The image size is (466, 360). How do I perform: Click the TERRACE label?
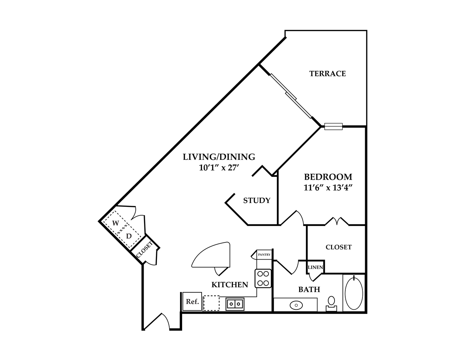click(327, 74)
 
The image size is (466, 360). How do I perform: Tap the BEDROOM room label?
click(328, 177)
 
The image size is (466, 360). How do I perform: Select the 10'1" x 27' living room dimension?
click(219, 168)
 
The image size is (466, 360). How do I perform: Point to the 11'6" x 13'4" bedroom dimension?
click(328, 188)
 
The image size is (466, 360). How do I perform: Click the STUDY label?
click(257, 201)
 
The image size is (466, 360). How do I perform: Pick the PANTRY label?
click(264, 255)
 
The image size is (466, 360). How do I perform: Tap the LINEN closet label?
click(315, 267)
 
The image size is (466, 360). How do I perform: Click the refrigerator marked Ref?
click(192, 301)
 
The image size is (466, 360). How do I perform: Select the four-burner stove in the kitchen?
click(263, 278)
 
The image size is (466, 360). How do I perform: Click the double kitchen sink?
click(235, 304)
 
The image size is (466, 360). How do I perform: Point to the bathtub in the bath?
click(354, 293)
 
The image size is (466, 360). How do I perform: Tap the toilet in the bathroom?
click(331, 303)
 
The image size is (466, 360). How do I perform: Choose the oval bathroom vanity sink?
click(296, 305)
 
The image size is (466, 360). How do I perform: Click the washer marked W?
click(115, 223)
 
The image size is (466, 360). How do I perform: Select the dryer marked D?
click(129, 236)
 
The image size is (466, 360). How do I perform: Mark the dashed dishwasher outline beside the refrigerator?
click(211, 303)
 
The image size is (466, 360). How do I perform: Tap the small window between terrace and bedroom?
click(333, 127)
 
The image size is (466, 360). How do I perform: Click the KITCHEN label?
click(230, 285)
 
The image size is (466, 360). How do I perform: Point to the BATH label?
click(309, 290)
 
